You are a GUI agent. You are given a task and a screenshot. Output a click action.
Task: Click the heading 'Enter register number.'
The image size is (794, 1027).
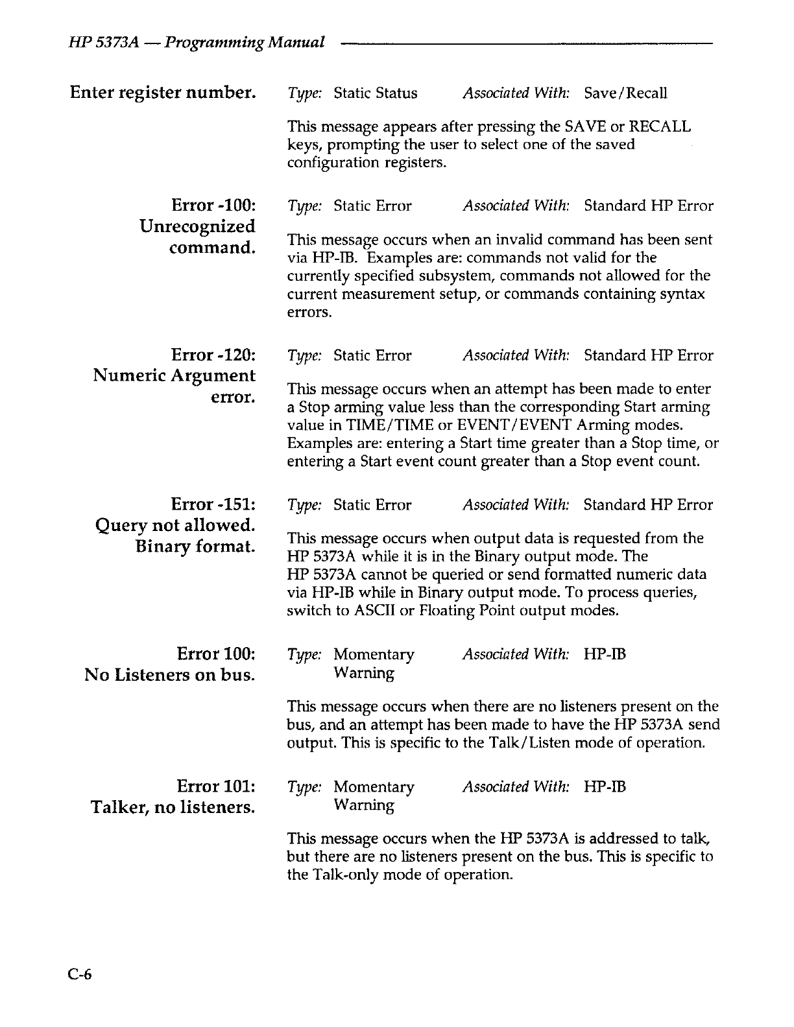162,93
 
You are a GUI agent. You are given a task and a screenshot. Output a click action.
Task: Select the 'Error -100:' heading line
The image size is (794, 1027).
213,206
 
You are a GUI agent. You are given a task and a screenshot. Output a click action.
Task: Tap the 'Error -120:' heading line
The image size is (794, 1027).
213,355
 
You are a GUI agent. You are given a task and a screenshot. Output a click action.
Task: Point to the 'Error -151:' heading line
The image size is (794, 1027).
213,504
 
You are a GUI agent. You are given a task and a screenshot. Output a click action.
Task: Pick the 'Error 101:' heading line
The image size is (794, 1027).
215,786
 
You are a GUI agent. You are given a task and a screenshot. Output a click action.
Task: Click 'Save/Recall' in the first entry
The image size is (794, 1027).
625,93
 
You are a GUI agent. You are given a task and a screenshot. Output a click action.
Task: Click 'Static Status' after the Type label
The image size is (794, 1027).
376,93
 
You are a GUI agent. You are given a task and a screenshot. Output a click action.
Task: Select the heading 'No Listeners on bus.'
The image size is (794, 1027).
169,675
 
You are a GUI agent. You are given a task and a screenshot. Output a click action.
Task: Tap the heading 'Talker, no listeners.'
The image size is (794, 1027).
172,808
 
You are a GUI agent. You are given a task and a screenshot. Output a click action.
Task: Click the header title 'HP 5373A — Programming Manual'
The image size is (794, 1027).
197,43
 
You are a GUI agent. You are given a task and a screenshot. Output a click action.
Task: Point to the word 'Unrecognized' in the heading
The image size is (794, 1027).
197,227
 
